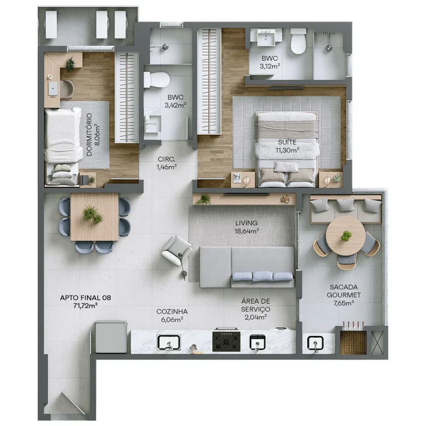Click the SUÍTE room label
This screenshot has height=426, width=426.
(287, 142)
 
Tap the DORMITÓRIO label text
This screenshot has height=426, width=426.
(89, 135)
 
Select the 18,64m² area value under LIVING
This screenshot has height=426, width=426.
(247, 231)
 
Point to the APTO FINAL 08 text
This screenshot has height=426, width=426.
(85, 298)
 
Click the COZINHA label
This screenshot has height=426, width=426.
(171, 312)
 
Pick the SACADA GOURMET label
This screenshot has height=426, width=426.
(343, 291)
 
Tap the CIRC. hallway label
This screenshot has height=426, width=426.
(166, 159)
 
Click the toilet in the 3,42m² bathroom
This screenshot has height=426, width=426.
(157, 80)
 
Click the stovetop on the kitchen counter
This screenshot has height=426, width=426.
(226, 341)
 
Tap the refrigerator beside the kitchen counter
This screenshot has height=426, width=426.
(111, 337)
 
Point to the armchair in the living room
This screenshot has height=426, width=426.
(177, 250)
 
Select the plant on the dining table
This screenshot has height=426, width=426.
(93, 215)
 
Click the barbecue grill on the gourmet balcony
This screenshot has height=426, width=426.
(353, 340)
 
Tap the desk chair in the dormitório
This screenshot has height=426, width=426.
(67, 89)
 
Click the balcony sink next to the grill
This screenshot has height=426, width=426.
(315, 343)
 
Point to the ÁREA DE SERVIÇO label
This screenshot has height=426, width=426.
(256, 309)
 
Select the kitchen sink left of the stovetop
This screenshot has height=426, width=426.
(169, 342)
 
